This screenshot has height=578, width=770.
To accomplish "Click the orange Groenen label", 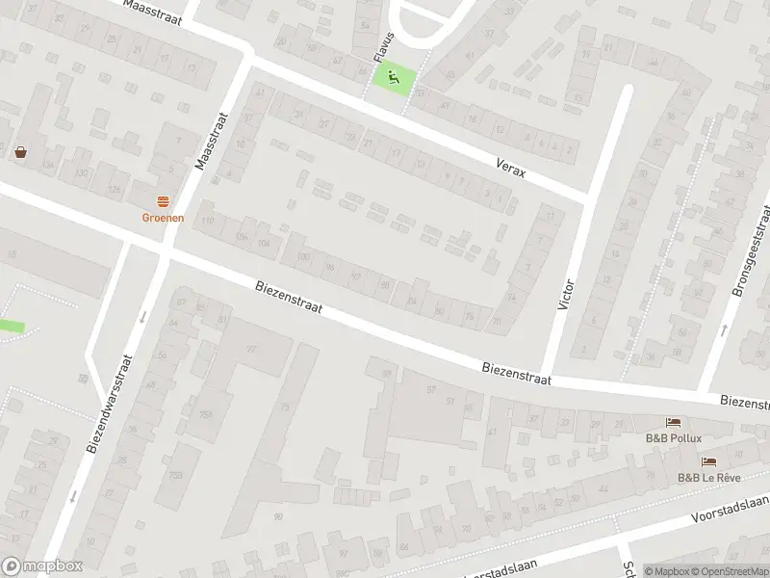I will [163, 218].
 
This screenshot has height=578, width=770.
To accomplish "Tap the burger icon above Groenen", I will [163, 201].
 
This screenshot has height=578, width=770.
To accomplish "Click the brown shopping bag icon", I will [21, 151].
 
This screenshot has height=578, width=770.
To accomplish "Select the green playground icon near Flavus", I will [392, 77].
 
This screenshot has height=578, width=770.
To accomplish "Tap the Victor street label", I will [566, 295].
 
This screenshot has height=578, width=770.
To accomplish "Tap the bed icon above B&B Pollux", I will [673, 422].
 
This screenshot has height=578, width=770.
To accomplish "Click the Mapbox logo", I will [43, 566].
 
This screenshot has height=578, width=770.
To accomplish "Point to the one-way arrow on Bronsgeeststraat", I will [723, 329].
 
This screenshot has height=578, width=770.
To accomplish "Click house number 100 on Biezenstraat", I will [303, 256].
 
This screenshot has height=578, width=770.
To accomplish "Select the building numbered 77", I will [251, 350].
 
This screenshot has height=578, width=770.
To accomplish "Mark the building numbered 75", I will [284, 407].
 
